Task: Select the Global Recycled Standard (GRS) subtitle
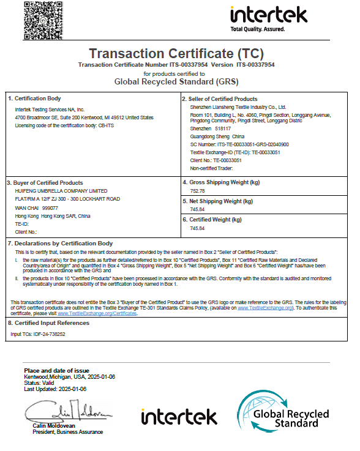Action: pyautogui.click(x=176, y=81)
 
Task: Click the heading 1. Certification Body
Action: pyautogui.click(x=34, y=99)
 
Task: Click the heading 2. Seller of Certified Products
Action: pyautogui.click(x=220, y=99)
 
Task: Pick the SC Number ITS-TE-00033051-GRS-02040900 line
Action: pyautogui.click(x=236, y=144)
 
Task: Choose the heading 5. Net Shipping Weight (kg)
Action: pyautogui.click(x=217, y=201)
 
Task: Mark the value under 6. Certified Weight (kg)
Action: pyautogui.click(x=197, y=228)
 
